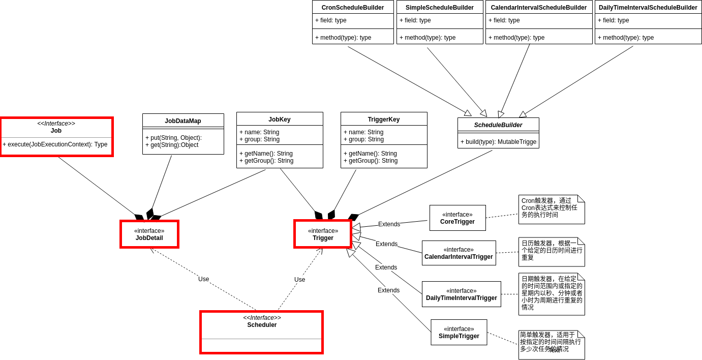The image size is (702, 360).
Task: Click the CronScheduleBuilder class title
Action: click(353, 8)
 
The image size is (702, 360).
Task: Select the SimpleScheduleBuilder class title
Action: click(440, 8)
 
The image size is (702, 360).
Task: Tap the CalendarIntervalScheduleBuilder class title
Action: click(539, 8)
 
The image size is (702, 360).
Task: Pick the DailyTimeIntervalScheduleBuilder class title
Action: click(648, 8)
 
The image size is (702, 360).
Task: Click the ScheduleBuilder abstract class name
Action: click(498, 125)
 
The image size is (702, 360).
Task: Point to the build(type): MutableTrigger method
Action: click(498, 142)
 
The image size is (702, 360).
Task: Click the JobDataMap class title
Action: click(183, 121)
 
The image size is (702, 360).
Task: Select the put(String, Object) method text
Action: click(173, 138)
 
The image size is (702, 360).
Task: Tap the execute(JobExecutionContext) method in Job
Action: click(55, 144)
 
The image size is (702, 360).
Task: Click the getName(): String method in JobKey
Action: click(266, 154)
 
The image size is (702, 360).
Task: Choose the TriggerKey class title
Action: click(384, 119)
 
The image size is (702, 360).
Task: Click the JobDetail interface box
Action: click(149, 234)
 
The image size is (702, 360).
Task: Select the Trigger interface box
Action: click(323, 234)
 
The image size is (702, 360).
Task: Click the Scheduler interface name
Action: click(262, 325)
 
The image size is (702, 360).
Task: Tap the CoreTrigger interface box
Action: click(457, 218)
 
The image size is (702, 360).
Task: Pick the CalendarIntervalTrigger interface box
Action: click(459, 253)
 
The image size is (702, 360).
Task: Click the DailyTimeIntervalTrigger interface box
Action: click(461, 294)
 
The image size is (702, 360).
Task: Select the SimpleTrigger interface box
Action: click(459, 333)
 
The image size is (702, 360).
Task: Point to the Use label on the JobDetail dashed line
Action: click(203, 279)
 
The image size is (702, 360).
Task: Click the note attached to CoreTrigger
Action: click(551, 209)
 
